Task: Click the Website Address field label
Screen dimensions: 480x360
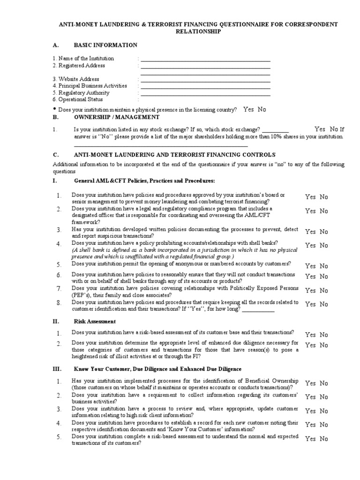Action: coord(75,79)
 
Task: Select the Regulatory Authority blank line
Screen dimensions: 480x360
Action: coord(205,94)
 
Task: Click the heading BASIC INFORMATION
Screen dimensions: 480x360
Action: coord(105,45)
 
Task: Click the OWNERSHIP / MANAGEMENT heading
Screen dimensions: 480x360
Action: coord(117,117)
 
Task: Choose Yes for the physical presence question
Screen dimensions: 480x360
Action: coord(248,109)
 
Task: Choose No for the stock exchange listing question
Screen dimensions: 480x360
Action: coord(334,129)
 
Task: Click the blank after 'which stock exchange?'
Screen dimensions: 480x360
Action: coord(275,131)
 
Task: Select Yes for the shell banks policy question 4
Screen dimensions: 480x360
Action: coord(310,245)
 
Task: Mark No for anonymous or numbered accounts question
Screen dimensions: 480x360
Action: coord(324,266)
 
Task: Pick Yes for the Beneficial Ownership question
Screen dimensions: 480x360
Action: coord(310,383)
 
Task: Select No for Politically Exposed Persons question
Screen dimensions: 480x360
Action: coord(324,290)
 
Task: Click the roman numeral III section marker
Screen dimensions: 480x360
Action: coord(57,369)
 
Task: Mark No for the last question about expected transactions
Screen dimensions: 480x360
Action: coord(324,439)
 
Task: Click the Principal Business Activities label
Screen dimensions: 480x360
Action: coord(90,86)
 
